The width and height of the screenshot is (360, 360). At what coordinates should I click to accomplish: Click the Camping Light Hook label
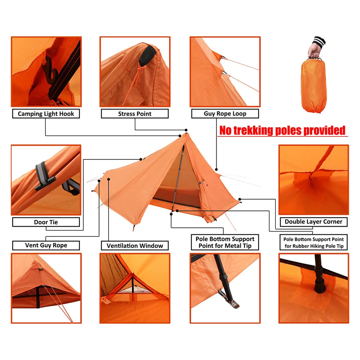click(x=46, y=114)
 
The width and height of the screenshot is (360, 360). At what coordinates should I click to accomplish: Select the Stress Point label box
click(x=135, y=114)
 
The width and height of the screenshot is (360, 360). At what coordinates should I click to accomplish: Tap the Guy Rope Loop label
click(x=225, y=113)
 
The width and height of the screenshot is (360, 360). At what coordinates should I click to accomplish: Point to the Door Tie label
click(x=46, y=222)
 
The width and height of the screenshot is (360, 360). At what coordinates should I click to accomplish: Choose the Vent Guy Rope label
click(x=46, y=245)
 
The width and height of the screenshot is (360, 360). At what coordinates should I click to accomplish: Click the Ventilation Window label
click(x=135, y=246)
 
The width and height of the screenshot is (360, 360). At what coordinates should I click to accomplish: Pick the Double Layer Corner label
click(x=314, y=221)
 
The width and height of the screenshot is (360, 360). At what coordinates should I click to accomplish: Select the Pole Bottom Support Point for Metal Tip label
click(x=225, y=242)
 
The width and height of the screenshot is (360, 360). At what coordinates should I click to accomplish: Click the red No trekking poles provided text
click(x=282, y=130)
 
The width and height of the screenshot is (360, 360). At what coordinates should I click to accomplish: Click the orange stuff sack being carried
click(x=314, y=85)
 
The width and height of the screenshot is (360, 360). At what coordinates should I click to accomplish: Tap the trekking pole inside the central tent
click(x=178, y=178)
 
